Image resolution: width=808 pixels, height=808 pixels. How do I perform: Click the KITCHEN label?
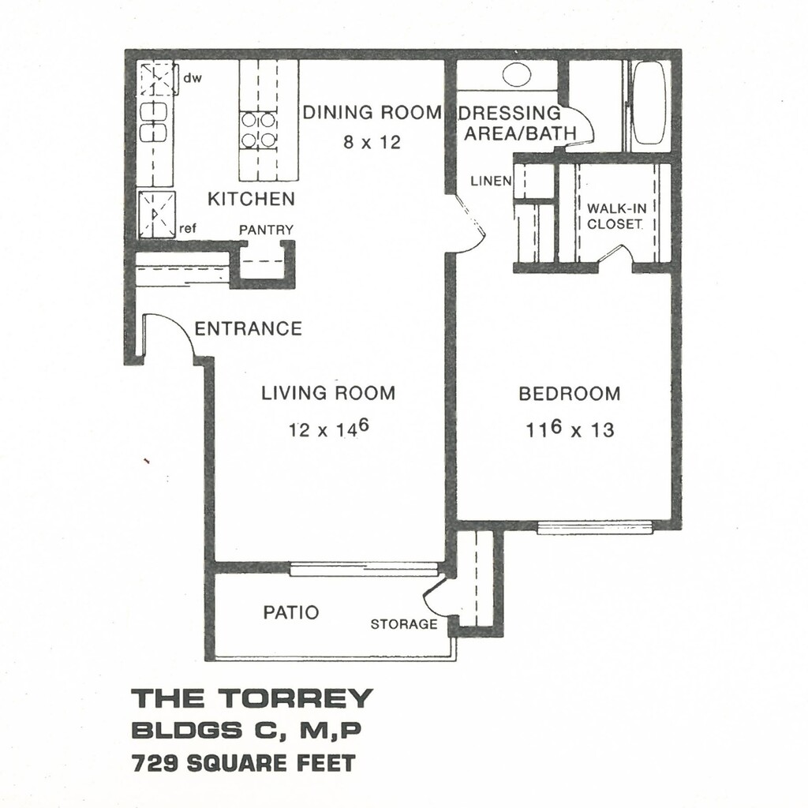251,199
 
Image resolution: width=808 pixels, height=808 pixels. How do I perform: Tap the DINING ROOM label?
372,113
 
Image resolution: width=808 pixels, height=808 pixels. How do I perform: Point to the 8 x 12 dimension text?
372,143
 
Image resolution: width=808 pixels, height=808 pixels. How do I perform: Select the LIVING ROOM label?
328,393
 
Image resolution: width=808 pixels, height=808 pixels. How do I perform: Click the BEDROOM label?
569,394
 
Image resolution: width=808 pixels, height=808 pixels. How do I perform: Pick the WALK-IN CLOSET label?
615,216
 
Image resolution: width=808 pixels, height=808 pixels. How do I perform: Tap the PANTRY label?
266,230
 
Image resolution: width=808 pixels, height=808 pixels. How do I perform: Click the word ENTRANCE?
248,328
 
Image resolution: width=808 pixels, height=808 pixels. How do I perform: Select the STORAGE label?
403,625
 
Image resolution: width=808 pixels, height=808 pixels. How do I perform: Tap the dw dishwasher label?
193,79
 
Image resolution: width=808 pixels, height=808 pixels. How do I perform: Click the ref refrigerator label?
188,229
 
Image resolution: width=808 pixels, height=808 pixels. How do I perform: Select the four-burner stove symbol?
259,130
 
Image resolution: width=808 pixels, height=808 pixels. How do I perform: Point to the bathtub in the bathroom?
649,103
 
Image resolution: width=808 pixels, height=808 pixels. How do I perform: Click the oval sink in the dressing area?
517,75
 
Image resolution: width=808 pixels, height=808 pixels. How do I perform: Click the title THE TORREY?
251,698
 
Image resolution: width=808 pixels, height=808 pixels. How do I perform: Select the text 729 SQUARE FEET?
244,763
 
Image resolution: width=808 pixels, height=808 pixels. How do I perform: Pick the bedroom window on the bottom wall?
595,526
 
